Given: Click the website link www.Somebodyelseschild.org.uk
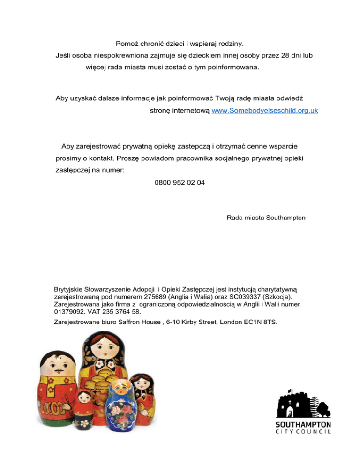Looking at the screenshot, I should coord(265,111).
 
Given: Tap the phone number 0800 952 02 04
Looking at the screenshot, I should coord(180,183).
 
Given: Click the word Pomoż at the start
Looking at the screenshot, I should coord(126,44).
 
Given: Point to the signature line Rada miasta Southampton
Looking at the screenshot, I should coord(266,218).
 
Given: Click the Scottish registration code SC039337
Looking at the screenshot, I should coord(261,297).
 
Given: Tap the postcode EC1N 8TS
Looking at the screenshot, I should coord(260,322).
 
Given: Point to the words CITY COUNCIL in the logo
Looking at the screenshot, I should coord(303,432).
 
